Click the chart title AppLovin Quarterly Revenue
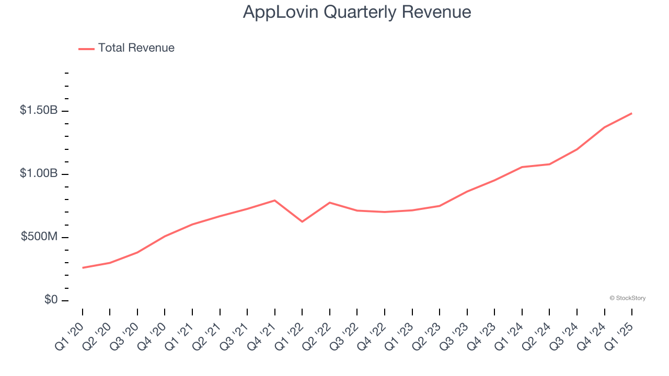point(357,12)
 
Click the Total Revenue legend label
point(136,48)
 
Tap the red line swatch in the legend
point(86,49)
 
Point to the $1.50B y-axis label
point(39,111)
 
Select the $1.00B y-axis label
point(39,173)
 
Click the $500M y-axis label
point(39,237)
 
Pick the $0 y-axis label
point(50,300)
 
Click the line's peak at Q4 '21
point(275,200)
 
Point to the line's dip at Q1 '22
point(302,222)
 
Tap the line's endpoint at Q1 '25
point(631,113)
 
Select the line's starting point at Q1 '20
point(83,268)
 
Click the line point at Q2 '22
point(330,202)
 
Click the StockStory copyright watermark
point(627,298)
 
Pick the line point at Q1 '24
point(522,167)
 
